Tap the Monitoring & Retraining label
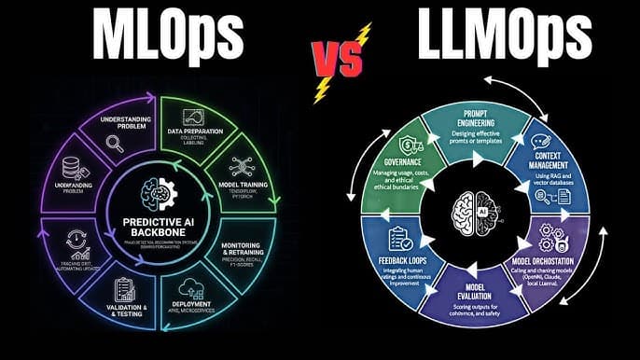pos(248,251)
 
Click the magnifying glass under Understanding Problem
pos(116,144)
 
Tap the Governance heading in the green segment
pos(408,159)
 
